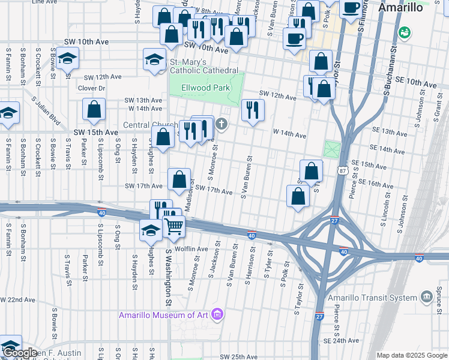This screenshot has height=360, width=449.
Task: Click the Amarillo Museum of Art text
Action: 163,315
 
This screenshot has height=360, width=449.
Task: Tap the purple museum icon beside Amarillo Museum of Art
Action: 217,314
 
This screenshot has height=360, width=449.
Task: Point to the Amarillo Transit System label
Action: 372,298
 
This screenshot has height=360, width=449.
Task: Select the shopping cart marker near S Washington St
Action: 173,226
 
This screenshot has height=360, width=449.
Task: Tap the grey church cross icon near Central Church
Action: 221,125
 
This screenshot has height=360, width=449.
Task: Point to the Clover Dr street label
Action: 92,88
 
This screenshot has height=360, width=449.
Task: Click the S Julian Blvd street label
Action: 47,112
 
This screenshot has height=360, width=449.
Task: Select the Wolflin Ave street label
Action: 191,248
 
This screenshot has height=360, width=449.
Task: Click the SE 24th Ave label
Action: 340,340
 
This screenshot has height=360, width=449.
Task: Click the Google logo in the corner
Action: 20,353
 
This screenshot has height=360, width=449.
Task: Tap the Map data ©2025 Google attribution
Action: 412,355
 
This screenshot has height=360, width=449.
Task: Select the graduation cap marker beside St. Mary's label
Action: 154,61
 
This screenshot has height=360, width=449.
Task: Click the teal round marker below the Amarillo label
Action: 405,31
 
